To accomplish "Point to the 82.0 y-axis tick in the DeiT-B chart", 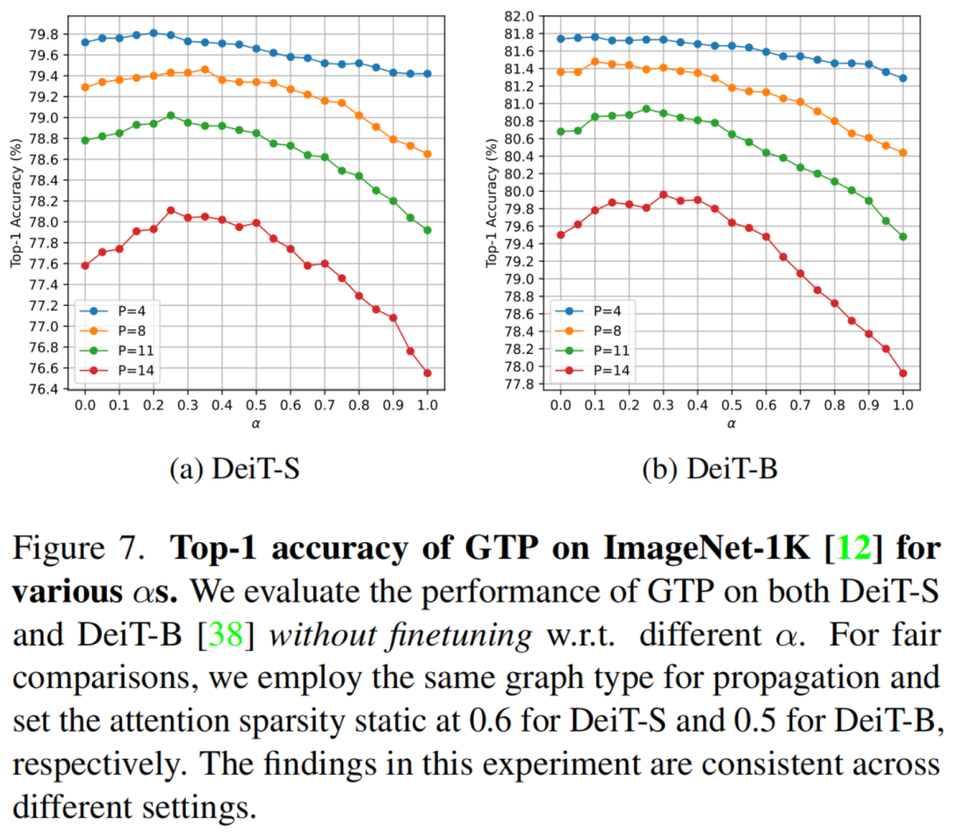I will point(520,16).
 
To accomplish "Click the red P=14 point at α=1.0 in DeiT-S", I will point(427,373).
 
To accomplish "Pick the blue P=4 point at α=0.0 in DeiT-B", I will point(561,39).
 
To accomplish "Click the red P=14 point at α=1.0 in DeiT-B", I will point(903,373).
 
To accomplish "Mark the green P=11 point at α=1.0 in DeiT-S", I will point(427,230).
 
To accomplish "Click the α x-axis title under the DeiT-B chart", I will point(731,425).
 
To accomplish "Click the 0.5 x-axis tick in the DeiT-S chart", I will point(256,406).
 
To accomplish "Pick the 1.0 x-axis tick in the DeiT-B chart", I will point(903,406).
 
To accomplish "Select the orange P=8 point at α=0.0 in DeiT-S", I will point(85,87).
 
